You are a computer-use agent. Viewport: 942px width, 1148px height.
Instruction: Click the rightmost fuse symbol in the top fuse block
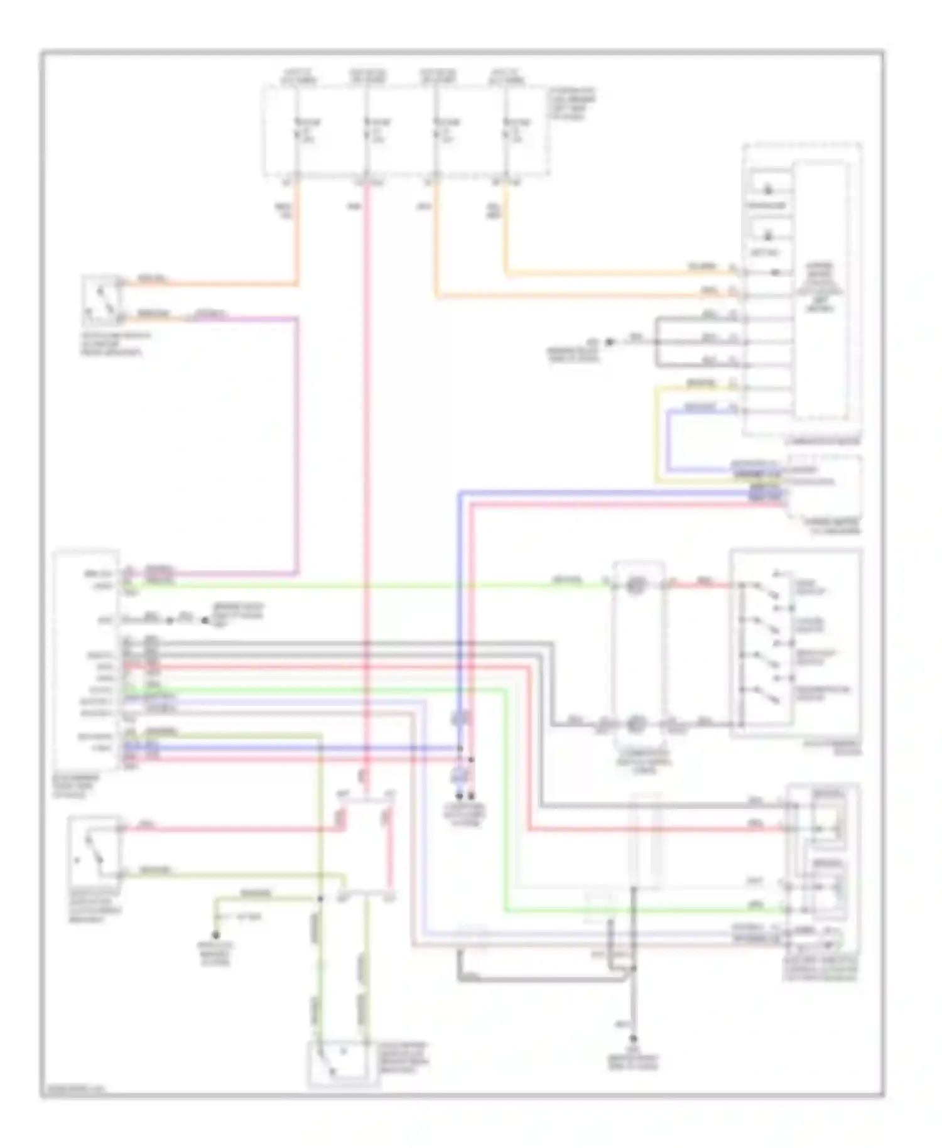tap(506, 133)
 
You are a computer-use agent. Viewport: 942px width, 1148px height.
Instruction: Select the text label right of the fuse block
tap(572, 104)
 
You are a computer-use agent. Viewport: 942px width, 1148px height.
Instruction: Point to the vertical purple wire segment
tap(296, 446)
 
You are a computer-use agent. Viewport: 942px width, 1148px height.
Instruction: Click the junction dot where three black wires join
tap(657, 342)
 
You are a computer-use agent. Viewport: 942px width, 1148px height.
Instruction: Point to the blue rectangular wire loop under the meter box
tap(669, 440)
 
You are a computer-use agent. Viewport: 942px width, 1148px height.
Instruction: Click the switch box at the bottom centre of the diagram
tap(342, 1061)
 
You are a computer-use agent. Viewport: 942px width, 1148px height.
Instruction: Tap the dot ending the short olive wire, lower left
tap(215, 935)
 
